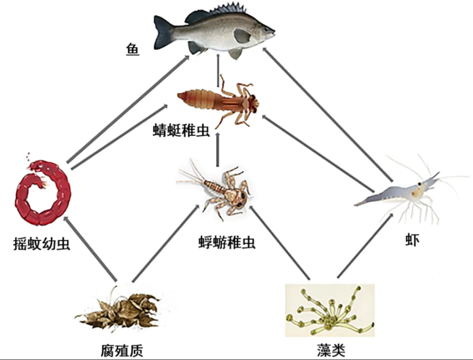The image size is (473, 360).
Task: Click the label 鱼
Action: [x=132, y=50]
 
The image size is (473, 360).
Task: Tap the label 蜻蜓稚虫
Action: [x=181, y=130]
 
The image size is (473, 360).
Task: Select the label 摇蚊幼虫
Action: [x=41, y=244]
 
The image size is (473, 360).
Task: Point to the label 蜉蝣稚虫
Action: [x=227, y=243]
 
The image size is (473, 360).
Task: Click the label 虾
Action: [x=412, y=240]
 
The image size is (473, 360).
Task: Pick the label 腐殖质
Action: [x=121, y=351]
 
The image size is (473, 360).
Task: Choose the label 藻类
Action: [x=331, y=350]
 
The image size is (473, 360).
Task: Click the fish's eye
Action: [x=266, y=30]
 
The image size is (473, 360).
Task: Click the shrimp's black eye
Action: [x=419, y=184]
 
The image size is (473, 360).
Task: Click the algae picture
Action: [x=330, y=310]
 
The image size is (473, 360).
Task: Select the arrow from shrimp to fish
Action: [x=328, y=115]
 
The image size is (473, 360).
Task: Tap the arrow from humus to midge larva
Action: [x=90, y=248]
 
